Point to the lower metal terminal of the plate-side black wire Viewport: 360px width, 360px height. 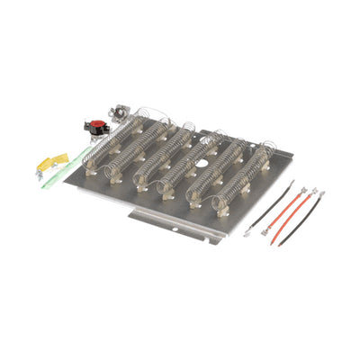tap(248, 232)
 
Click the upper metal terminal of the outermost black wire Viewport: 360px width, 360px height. tap(321, 193)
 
